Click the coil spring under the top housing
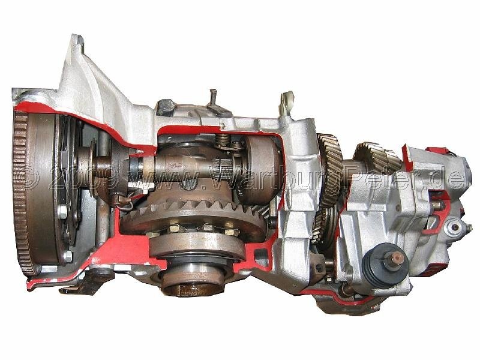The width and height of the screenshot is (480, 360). coord(223,140)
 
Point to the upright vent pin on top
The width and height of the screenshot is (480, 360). coord(214,97)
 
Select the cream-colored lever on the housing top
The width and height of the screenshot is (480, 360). coord(287,103)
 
